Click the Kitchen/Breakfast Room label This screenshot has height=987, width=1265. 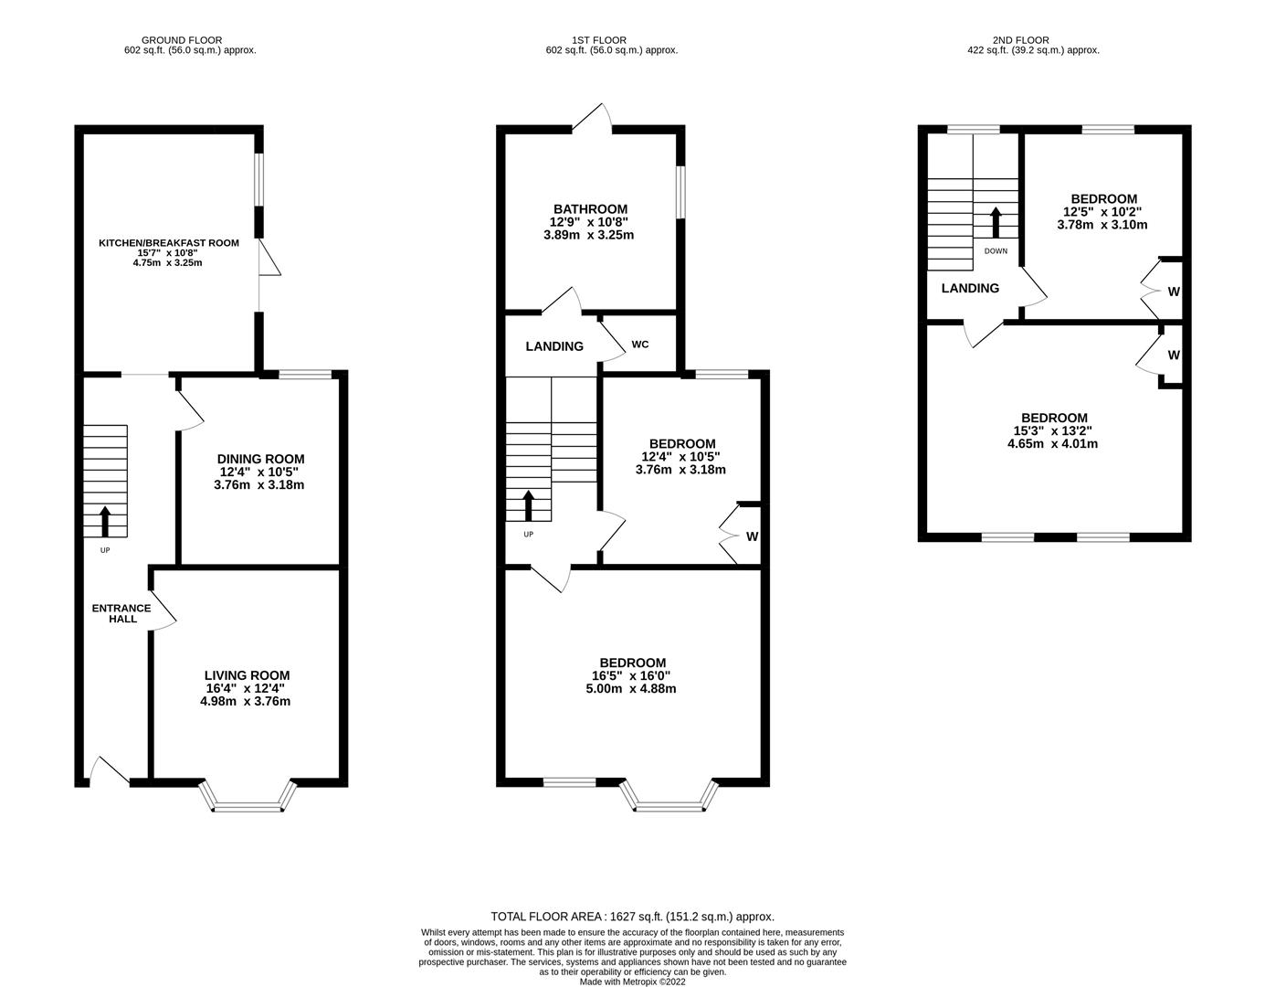pyautogui.click(x=169, y=243)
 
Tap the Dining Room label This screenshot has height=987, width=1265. pyautogui.click(x=260, y=459)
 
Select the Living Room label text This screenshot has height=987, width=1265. pyautogui.click(x=247, y=675)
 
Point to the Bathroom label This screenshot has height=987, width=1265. pyautogui.click(x=588, y=209)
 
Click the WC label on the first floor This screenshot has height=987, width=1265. pyautogui.click(x=640, y=345)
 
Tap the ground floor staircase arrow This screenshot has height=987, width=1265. pyautogui.click(x=104, y=521)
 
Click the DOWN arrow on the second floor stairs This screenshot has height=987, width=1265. pyautogui.click(x=996, y=222)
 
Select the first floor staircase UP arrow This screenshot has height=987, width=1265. pyautogui.click(x=529, y=505)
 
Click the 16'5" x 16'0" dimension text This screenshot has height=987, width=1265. pyautogui.click(x=633, y=676)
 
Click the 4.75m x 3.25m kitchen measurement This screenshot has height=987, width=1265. pyautogui.click(x=169, y=263)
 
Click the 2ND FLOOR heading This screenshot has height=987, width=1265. pyautogui.click(x=1020, y=40)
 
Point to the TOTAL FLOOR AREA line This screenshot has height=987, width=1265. pyautogui.click(x=632, y=917)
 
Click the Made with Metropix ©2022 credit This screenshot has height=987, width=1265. pyautogui.click(x=632, y=982)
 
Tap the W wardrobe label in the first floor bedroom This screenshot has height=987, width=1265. pyautogui.click(x=752, y=536)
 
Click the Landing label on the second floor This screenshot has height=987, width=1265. pyautogui.click(x=970, y=288)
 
